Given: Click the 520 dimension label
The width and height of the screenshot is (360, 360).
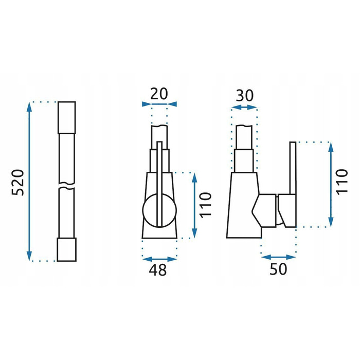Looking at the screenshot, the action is tap(17, 183).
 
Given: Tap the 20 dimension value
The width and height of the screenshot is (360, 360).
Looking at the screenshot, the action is tap(159, 94).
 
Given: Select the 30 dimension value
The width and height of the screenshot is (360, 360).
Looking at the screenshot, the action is tap(245, 96).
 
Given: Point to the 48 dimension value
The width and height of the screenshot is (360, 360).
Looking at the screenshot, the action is tap(158, 270).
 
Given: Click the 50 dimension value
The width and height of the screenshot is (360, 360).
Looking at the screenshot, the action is tap(278, 269).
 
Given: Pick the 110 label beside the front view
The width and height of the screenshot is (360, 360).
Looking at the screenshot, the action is tap(205, 205).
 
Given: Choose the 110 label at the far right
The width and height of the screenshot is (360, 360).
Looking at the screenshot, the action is tap(342, 182).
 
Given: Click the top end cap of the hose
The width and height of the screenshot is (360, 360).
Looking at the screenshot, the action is tap(66, 117).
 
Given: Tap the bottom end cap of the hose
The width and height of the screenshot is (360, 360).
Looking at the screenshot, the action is tap(66, 249).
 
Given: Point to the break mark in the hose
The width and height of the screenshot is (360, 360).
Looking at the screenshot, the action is tap(66, 186).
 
